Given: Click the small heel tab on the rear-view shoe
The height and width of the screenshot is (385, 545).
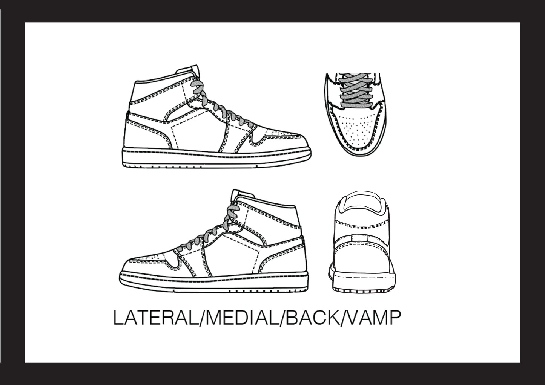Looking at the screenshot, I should (x=359, y=238).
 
